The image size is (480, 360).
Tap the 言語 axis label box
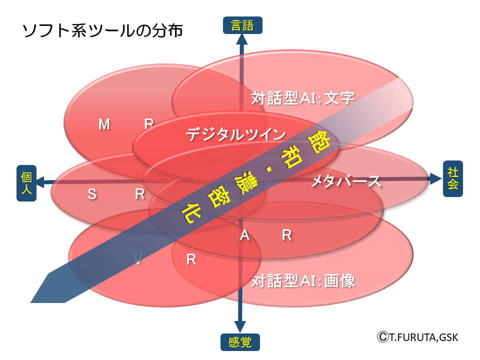242,25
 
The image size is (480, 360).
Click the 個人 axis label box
26,183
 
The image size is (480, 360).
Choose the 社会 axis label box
452,178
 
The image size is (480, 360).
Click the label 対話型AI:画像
303,280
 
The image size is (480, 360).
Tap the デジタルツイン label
235,134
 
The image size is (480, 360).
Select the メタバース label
345,181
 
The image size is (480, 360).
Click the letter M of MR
104,124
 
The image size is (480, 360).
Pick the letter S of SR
92,194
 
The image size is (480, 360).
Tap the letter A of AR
244,235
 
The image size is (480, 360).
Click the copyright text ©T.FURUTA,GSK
417,337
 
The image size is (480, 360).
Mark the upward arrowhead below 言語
242,42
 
